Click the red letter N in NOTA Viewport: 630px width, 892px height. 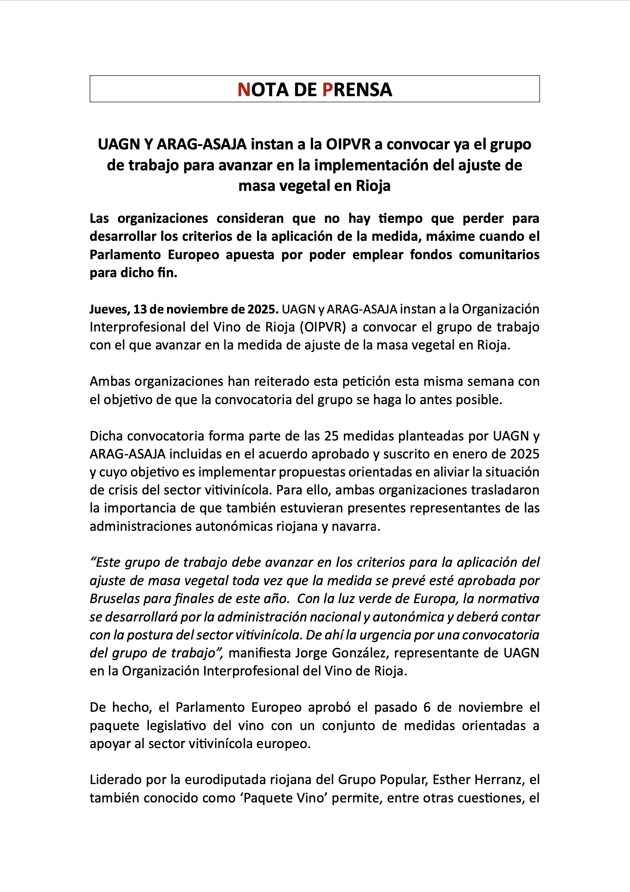pyautogui.click(x=244, y=90)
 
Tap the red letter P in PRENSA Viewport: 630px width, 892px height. pyautogui.click(x=327, y=90)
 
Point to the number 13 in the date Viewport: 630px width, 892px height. pyautogui.click(x=140, y=309)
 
